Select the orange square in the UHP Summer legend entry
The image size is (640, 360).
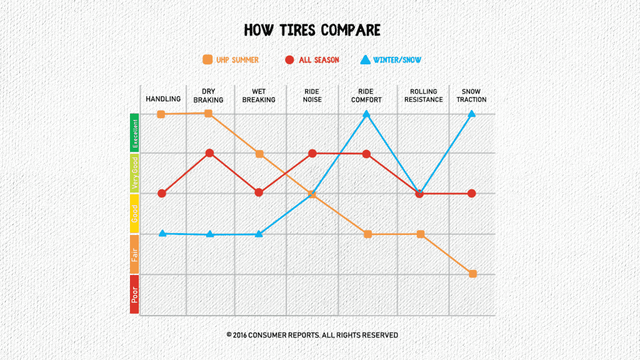(207, 60)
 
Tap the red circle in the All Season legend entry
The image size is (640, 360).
(289, 60)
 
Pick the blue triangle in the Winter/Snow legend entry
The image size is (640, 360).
(365, 60)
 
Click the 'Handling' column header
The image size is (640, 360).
(163, 99)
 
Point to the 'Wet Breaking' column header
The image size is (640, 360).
(259, 96)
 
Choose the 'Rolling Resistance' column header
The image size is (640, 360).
(422, 96)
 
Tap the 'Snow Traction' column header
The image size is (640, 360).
(471, 96)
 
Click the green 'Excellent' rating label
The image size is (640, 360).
(134, 132)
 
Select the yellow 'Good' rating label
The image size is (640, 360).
(134, 213)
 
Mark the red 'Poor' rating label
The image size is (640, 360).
(134, 294)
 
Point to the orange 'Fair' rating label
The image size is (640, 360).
(134, 254)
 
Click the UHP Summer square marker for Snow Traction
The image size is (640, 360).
(472, 274)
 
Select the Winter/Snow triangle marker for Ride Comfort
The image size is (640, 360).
(367, 114)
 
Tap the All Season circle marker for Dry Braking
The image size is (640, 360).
(210, 153)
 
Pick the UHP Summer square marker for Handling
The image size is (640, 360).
(161, 114)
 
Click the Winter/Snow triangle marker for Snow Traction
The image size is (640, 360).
(472, 114)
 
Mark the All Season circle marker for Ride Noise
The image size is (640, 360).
(312, 153)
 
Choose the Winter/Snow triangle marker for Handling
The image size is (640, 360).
(162, 233)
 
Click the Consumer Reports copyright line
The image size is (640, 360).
(312, 335)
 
